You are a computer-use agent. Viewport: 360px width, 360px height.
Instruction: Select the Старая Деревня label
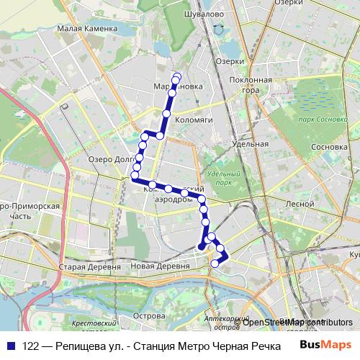81,267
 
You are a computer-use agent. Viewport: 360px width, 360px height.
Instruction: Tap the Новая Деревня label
160,266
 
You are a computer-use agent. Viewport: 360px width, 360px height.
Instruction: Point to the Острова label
150,315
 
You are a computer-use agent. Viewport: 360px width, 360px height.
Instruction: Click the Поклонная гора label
256,85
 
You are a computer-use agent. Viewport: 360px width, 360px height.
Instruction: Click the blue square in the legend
12,346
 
